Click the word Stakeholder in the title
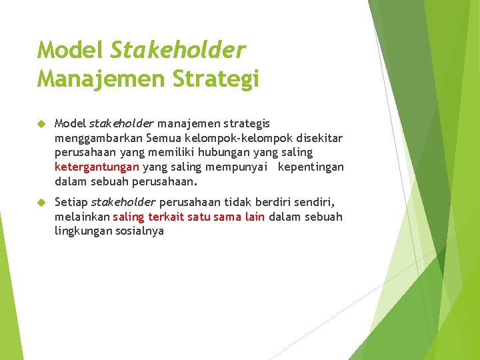(178, 50)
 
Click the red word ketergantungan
(97, 167)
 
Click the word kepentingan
(311, 167)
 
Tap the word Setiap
(71, 202)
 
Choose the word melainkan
(82, 217)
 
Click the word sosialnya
(141, 231)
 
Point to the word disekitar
(319, 138)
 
